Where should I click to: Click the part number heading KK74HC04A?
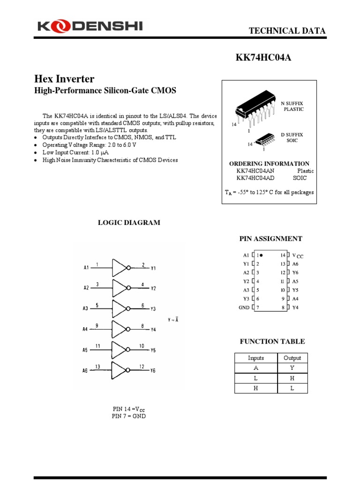[x=266, y=58]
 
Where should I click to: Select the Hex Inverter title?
[x=64, y=79]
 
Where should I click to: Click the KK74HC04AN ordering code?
[x=255, y=171]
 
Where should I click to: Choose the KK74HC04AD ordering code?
[x=255, y=178]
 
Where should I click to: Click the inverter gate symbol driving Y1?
[x=120, y=268]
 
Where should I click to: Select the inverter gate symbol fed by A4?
[x=120, y=329]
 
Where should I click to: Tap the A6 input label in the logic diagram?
[x=85, y=370]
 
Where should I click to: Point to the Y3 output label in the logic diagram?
[x=153, y=309]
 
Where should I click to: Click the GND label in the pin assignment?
[x=244, y=307]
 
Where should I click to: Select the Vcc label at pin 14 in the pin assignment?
[x=298, y=255]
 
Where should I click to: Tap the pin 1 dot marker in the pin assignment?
[x=261, y=255]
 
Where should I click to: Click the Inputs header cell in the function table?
[x=256, y=358]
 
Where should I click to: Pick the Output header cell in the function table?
[x=292, y=358]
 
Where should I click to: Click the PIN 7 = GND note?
[x=129, y=416]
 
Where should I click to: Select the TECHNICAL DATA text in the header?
[x=287, y=31]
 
